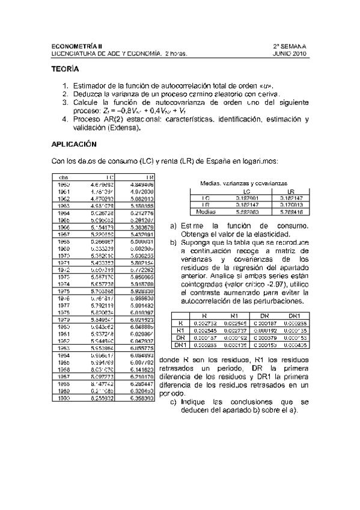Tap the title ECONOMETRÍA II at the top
[x=77, y=46]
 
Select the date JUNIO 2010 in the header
[x=290, y=54]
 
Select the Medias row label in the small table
[x=206, y=212]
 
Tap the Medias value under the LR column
[x=291, y=212]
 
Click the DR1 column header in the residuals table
[x=294, y=315]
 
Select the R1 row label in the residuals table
[x=178, y=330]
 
